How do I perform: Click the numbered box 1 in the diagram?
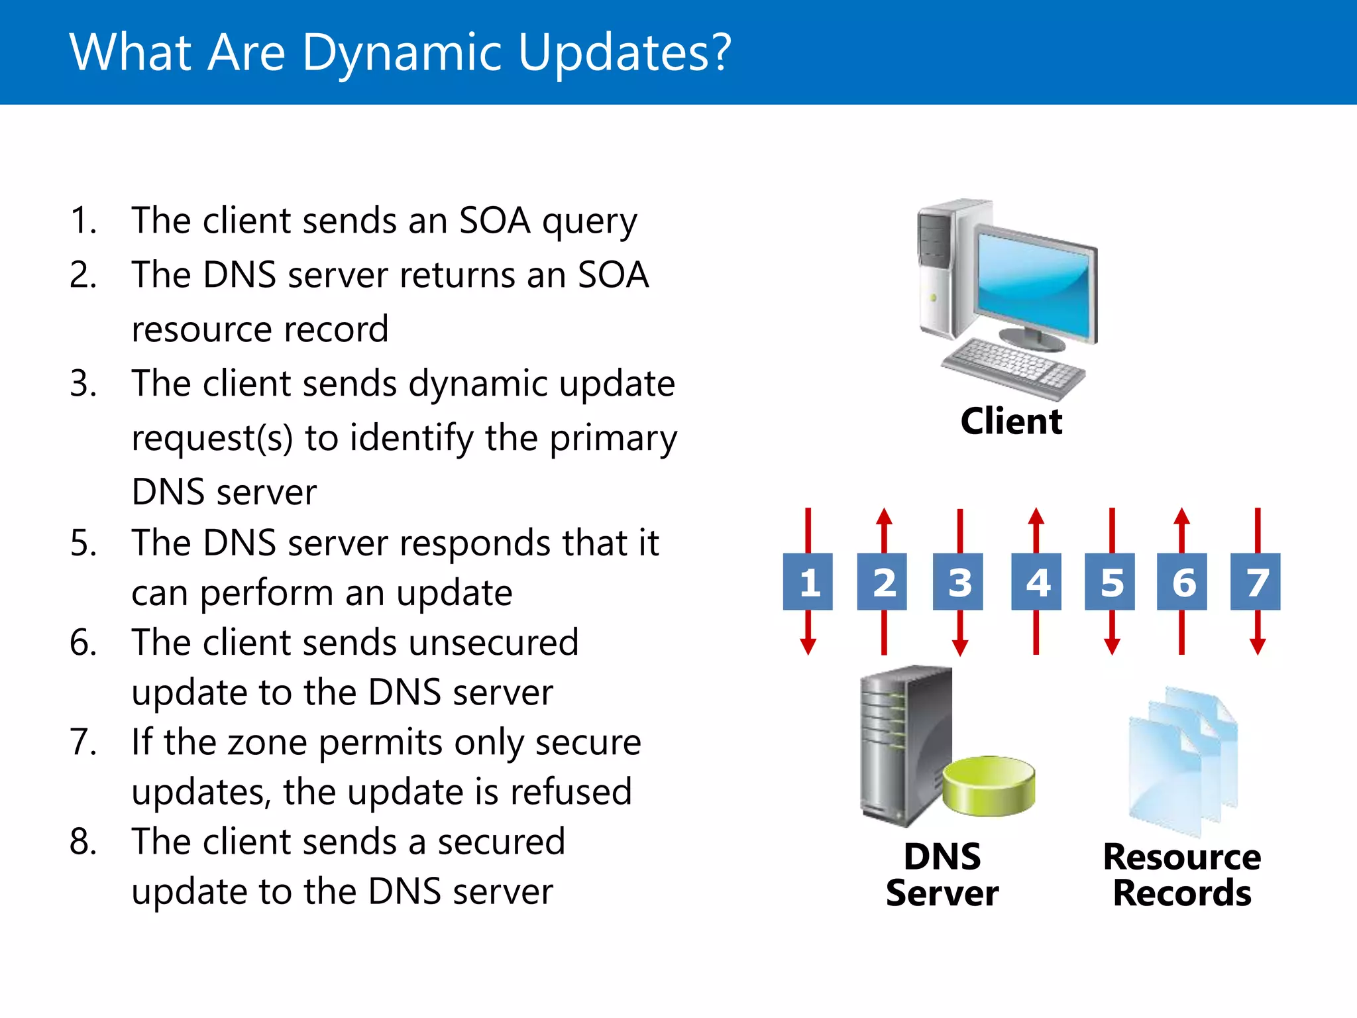pyautogui.click(x=808, y=582)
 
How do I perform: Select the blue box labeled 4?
pyautogui.click(x=1036, y=582)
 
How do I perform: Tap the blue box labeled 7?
pyautogui.click(x=1256, y=582)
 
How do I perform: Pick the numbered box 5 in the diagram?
pyautogui.click(x=1110, y=582)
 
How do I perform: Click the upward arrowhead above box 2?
pyautogui.click(x=884, y=516)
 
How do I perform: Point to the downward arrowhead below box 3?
pyautogui.click(x=960, y=647)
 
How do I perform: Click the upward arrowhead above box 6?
pyautogui.click(x=1182, y=516)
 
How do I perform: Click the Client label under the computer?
pyautogui.click(x=1011, y=422)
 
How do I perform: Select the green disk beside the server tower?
pyautogui.click(x=989, y=785)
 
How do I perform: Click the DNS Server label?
pyautogui.click(x=942, y=875)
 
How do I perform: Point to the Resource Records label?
pyautogui.click(x=1182, y=875)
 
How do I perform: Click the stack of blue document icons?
pyautogui.click(x=1182, y=762)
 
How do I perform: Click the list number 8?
pyautogui.click(x=83, y=842)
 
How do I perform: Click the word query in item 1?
pyautogui.click(x=589, y=221)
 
